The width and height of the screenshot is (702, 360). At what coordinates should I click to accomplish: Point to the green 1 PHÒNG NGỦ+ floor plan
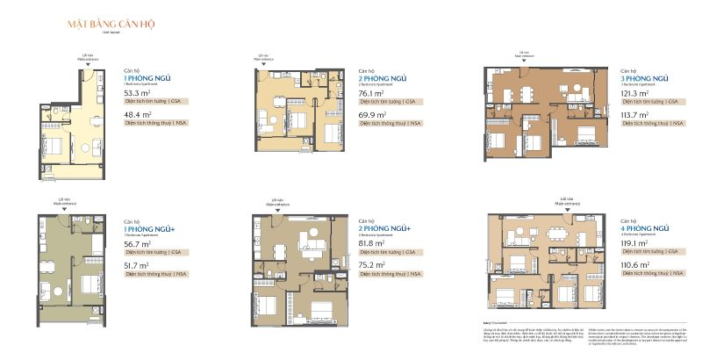tap(70, 264)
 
